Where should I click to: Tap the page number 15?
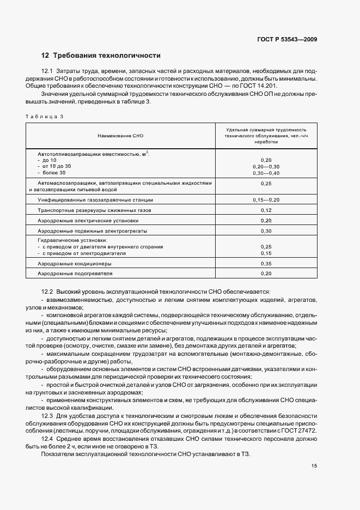tap(314, 466)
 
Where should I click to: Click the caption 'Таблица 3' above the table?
tap(45, 117)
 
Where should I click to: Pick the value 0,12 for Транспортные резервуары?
tap(266, 210)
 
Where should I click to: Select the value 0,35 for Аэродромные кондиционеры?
tap(266, 263)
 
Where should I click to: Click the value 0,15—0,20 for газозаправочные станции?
tap(266, 200)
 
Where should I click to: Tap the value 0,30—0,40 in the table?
tap(266, 173)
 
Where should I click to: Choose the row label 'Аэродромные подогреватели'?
tap(75, 274)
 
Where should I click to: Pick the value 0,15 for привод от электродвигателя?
tap(266, 253)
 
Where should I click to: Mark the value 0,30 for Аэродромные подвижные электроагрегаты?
tap(266, 231)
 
